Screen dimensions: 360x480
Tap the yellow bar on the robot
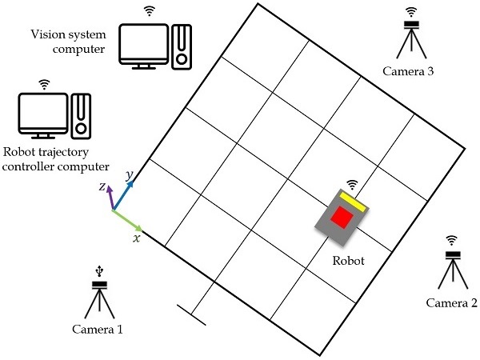click(x=353, y=202)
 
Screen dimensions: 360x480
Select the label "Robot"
click(x=348, y=261)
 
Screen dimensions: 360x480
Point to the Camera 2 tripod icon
click(x=453, y=270)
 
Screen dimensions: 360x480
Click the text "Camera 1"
click(x=98, y=329)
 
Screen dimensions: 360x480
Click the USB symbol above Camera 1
click(x=99, y=272)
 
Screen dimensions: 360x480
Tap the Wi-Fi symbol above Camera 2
click(x=453, y=239)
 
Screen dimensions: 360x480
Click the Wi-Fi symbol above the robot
click(x=352, y=185)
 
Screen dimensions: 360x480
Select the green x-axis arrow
click(x=127, y=219)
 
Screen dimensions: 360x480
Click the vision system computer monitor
click(x=144, y=42)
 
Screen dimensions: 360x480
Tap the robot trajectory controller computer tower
click(x=79, y=114)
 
